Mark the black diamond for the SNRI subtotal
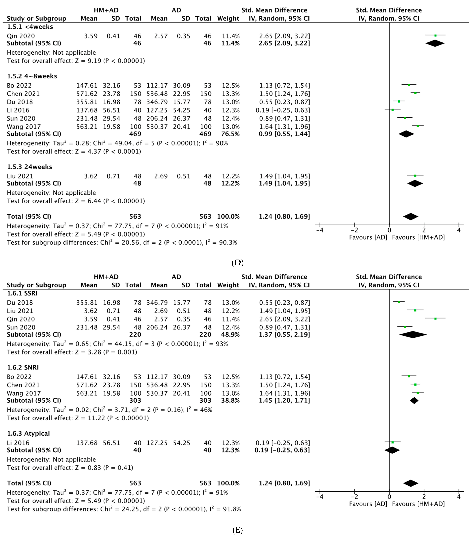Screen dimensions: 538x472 (x=414, y=401)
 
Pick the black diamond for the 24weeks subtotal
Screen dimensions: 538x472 (x=415, y=184)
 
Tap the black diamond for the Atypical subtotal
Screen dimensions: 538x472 (x=392, y=450)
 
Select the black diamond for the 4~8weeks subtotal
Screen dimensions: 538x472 (x=406, y=134)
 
